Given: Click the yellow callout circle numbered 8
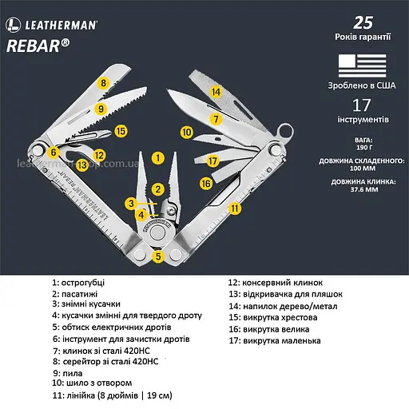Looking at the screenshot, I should [102, 82].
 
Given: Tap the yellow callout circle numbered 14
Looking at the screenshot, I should [215, 92].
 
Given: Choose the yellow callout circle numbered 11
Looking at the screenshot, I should [234, 208].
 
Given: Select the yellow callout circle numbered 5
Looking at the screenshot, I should [159, 256].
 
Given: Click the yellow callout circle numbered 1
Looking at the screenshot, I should [158, 158].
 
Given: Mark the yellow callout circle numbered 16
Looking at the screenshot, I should [206, 183].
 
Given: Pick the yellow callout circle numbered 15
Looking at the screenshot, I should [121, 130].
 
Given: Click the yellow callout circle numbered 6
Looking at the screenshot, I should [54, 151].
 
